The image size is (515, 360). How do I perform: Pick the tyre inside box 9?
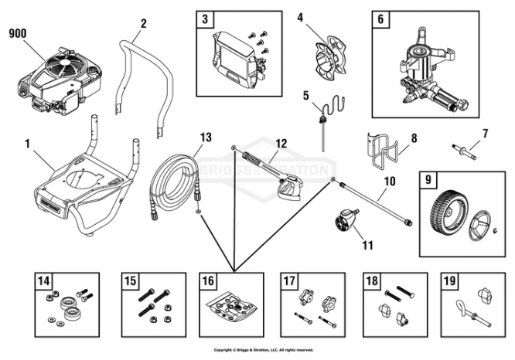[447, 212]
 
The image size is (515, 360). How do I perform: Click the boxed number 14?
[43, 280]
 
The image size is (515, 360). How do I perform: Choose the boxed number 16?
[207, 280]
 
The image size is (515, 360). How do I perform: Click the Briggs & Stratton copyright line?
[264, 350]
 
